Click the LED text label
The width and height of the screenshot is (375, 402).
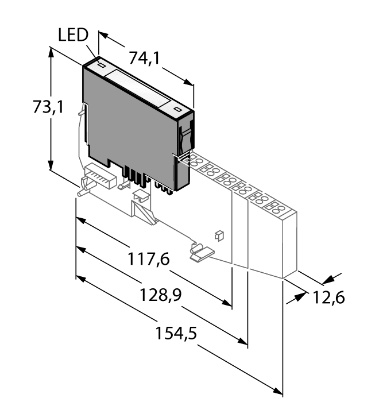(73, 35)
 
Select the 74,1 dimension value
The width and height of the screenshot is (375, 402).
(144, 57)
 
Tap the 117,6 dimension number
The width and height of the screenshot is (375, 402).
(148, 260)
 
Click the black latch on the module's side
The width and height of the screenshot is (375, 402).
(185, 138)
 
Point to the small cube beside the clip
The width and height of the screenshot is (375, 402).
(218, 234)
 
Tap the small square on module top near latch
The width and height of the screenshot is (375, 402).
(177, 109)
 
